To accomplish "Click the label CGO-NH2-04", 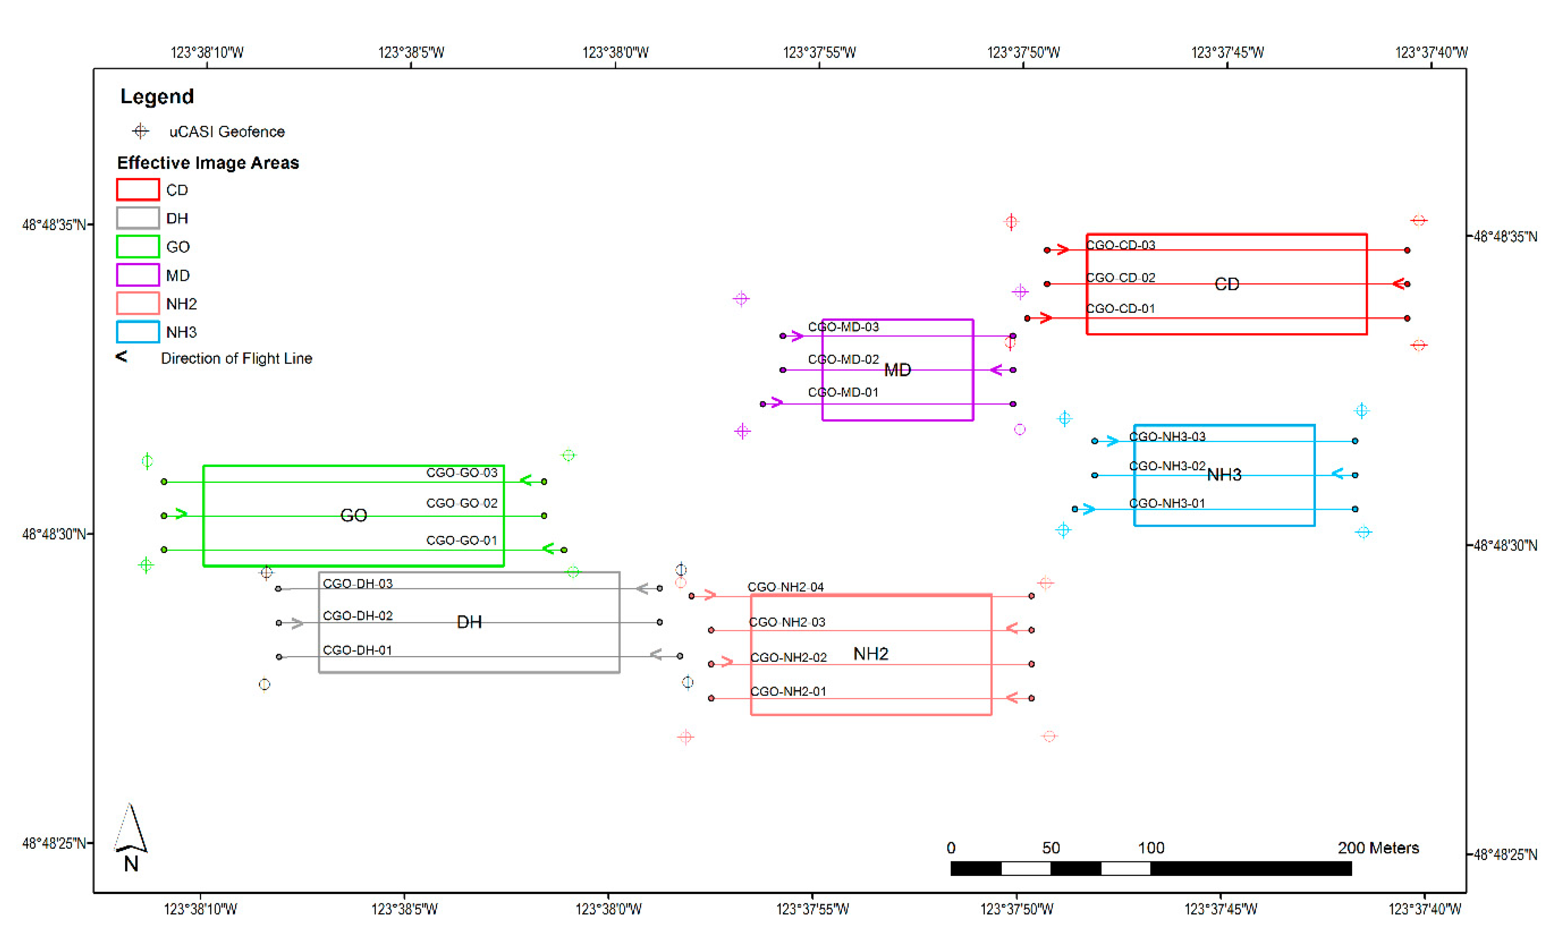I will [785, 587].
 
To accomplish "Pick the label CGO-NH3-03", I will [1167, 437].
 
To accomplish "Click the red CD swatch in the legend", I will [137, 190].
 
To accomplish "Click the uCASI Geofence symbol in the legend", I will [140, 132].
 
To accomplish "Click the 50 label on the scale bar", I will [1050, 848].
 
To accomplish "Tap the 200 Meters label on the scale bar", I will [1377, 848].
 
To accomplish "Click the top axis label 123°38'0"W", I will [615, 52].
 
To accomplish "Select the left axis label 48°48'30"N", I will [53, 534].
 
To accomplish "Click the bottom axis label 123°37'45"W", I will [1220, 909].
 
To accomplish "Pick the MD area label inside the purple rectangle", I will [897, 370].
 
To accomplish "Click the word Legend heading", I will [157, 97].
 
